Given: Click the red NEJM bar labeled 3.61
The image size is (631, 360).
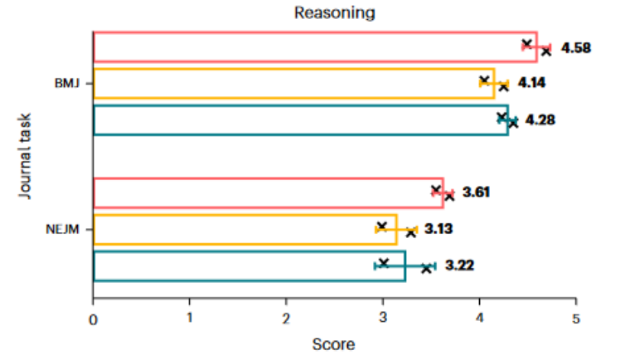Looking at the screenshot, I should point(267,192).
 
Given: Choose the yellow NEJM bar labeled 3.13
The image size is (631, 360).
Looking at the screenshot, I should point(244,229).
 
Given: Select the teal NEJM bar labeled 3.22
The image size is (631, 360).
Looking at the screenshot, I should point(249,265).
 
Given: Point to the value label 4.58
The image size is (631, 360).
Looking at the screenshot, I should point(576,48).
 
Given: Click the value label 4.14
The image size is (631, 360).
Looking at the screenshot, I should point(533,82).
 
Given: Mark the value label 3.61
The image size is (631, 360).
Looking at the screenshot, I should point(475,191).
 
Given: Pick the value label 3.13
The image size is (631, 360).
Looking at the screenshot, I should point(439,228).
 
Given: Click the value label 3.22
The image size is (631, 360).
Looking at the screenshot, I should point(460,265).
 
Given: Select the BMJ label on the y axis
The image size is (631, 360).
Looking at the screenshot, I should point(66,83).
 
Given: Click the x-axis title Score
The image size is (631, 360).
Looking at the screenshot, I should point(333,344).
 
